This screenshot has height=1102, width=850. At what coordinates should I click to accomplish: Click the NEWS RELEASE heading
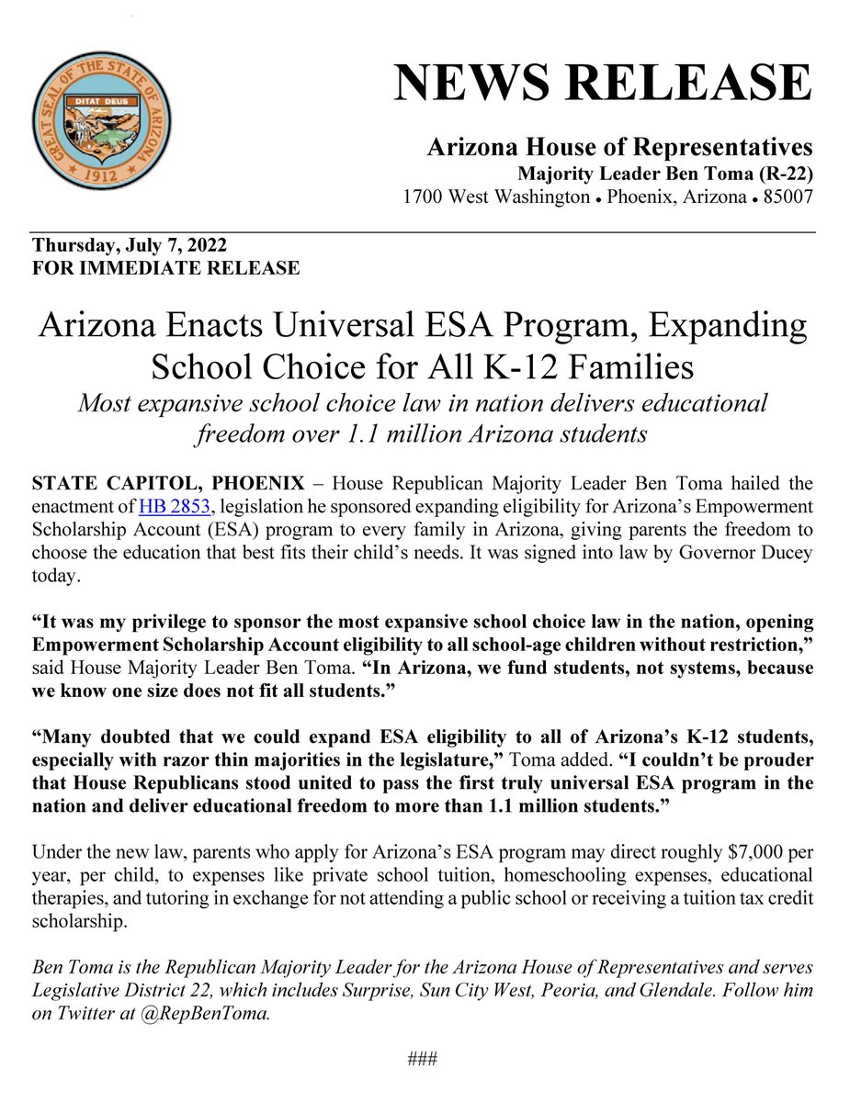603,84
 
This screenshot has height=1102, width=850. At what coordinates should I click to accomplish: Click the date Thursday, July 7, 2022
130,246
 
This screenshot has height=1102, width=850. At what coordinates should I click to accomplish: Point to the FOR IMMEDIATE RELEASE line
165,268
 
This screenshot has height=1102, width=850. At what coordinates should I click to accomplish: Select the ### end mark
423,1059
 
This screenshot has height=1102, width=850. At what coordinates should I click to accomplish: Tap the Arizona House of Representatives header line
619,147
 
